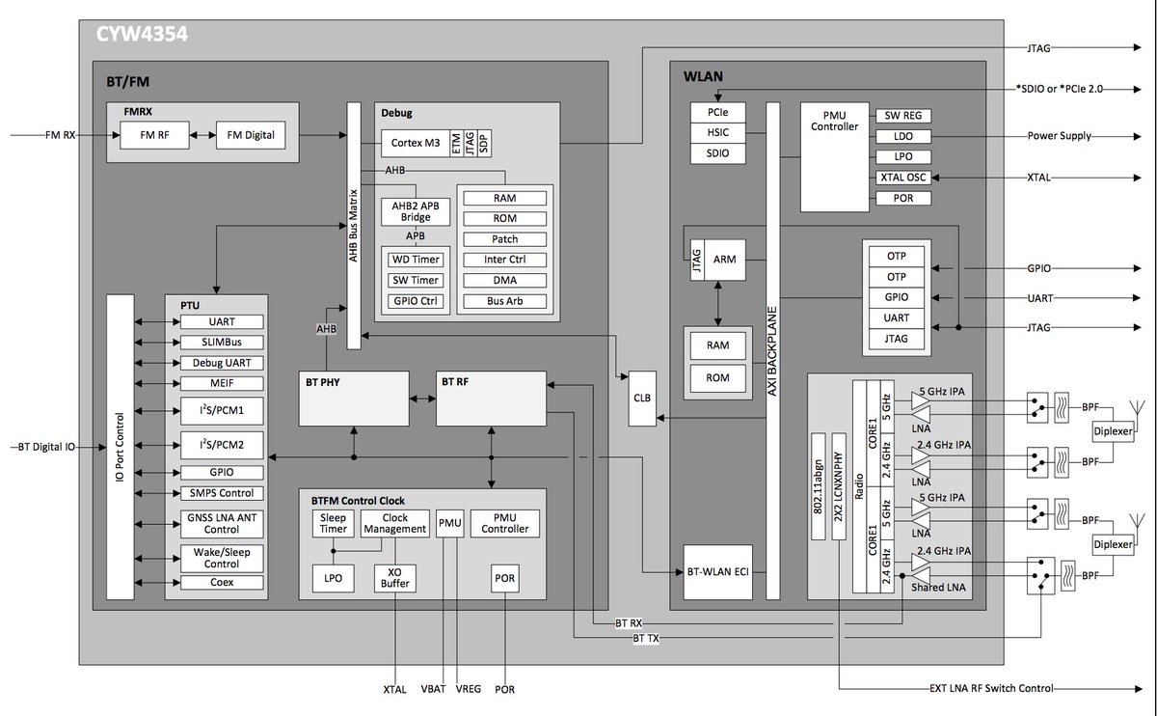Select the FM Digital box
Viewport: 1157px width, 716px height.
click(251, 135)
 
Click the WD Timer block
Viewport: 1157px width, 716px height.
click(415, 259)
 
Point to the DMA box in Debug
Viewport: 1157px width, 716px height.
click(504, 280)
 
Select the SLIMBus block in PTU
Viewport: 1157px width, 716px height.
click(221, 343)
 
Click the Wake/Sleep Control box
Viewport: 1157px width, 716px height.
click(221, 558)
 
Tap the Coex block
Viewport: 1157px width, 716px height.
click(221, 582)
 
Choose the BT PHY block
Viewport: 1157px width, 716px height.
click(354, 398)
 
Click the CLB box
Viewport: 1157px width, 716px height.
click(642, 398)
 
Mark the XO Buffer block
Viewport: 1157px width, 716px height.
click(394, 577)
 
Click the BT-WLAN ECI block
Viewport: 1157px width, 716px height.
click(715, 572)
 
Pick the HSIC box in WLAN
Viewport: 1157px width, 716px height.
click(717, 132)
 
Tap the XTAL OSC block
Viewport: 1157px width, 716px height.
click(903, 178)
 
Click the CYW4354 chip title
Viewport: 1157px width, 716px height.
click(141, 36)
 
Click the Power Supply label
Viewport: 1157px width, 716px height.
click(1059, 136)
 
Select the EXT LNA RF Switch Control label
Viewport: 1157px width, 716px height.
click(991, 688)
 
